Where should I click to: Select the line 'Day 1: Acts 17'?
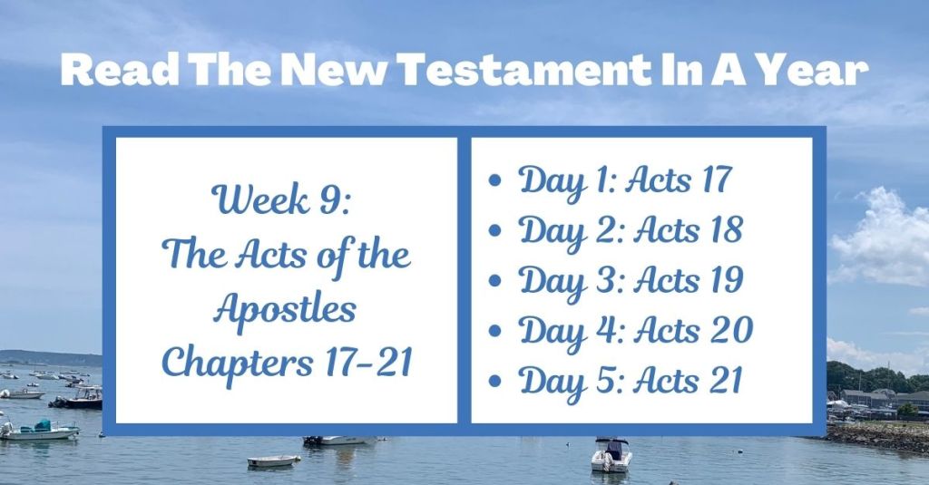click(624, 179)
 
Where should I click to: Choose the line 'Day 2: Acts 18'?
click(630, 229)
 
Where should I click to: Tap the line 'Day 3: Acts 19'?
click(631, 280)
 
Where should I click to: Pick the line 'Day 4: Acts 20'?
click(635, 330)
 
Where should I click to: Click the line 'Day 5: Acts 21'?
click(630, 380)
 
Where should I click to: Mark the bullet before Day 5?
click(494, 383)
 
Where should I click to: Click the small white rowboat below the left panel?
click(273, 461)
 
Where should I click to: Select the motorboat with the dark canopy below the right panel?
click(611, 455)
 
